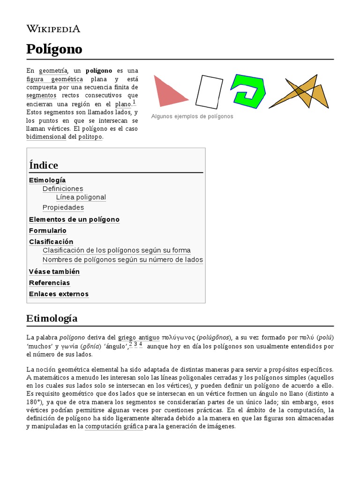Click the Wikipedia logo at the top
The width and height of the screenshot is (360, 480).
53,29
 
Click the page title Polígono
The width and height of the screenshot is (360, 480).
54,49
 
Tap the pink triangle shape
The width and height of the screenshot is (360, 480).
166,92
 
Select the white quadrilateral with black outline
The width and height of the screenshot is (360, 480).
209,91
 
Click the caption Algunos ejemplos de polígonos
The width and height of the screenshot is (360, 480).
192,116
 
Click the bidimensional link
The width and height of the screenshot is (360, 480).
46,137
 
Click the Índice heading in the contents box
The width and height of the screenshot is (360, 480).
44,165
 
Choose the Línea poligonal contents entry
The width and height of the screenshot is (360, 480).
81,197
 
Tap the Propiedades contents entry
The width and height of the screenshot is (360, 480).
63,208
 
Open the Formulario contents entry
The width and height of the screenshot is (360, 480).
48,231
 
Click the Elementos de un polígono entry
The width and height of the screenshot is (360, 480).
74,219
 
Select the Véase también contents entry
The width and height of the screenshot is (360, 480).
54,272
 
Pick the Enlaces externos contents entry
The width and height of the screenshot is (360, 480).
59,294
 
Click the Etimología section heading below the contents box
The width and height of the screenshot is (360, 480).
52,319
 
